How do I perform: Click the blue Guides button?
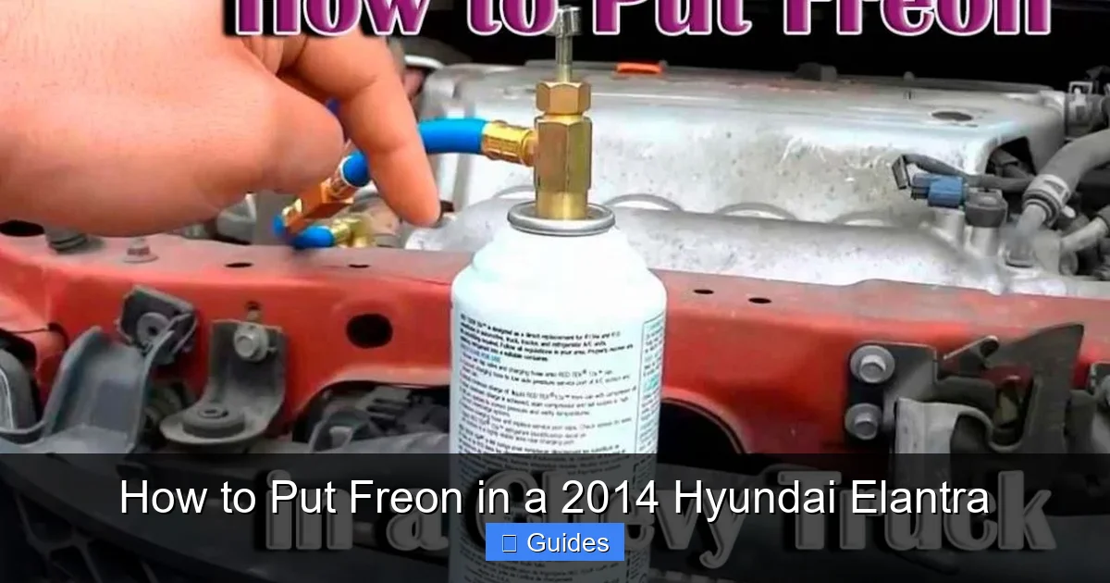coord(555,543)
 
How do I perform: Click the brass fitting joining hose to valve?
coord(507,143)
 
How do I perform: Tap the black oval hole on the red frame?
coord(369,330)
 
